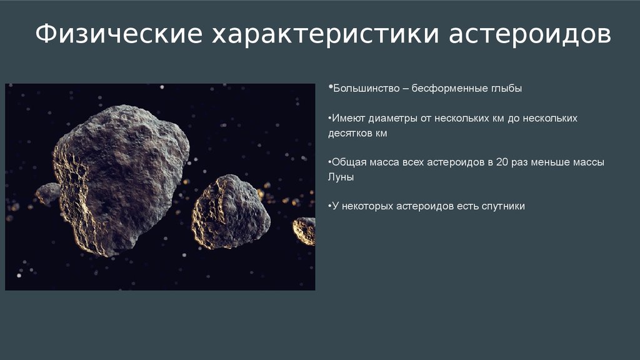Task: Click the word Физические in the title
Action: [x=119, y=34]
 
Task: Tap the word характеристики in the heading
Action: [x=325, y=34]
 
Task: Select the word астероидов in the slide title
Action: [x=530, y=34]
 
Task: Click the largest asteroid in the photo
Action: [x=121, y=180]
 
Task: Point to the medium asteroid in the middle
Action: [x=231, y=212]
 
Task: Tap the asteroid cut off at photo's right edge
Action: [x=304, y=231]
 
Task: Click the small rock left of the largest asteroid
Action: [x=48, y=193]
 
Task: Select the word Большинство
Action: [x=366, y=89]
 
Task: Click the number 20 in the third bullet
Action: [x=502, y=162]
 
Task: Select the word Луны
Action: [x=341, y=177]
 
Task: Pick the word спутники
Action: [x=503, y=206]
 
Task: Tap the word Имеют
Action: [x=348, y=118]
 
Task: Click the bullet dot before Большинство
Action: [x=330, y=86]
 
